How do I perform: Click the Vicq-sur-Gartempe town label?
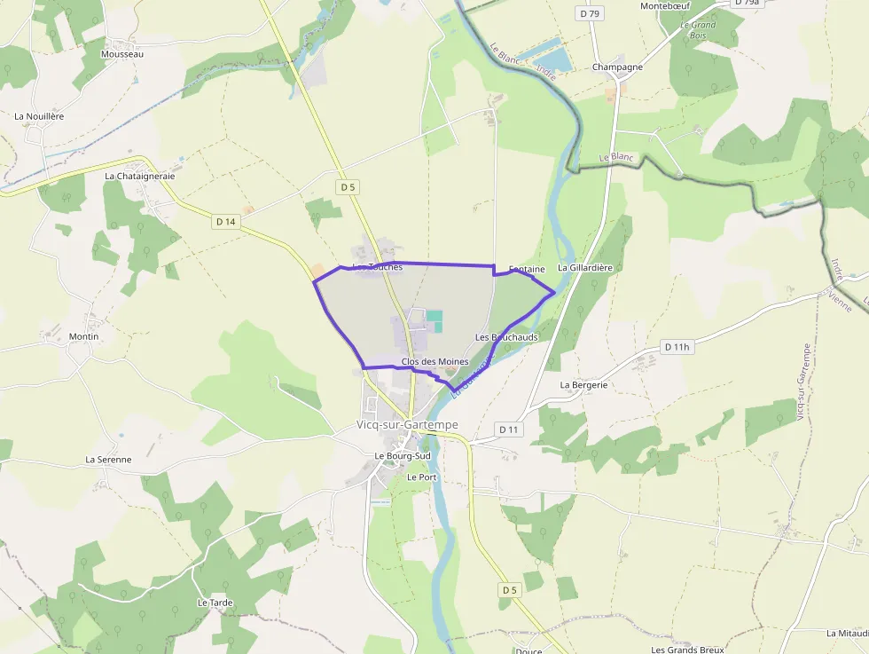coord(407,425)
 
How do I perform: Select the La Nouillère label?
coord(39,116)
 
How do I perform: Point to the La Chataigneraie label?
coord(140,176)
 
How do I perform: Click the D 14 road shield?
coord(225,222)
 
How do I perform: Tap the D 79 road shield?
coord(589,13)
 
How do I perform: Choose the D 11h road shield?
coord(676,347)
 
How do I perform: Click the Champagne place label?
coord(617,67)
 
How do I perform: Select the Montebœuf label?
coord(665,6)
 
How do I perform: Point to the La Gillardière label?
coord(584,267)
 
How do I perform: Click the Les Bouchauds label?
coord(506,337)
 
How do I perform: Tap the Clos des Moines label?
coord(434,361)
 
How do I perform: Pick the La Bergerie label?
coord(583,385)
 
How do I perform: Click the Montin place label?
coord(83,337)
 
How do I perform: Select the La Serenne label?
coord(108,460)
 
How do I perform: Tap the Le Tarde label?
coord(215,603)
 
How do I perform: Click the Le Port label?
coord(422,477)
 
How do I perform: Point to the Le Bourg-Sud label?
coord(402,456)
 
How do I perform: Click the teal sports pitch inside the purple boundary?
coord(434,316)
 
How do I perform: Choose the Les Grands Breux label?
coord(687,650)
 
